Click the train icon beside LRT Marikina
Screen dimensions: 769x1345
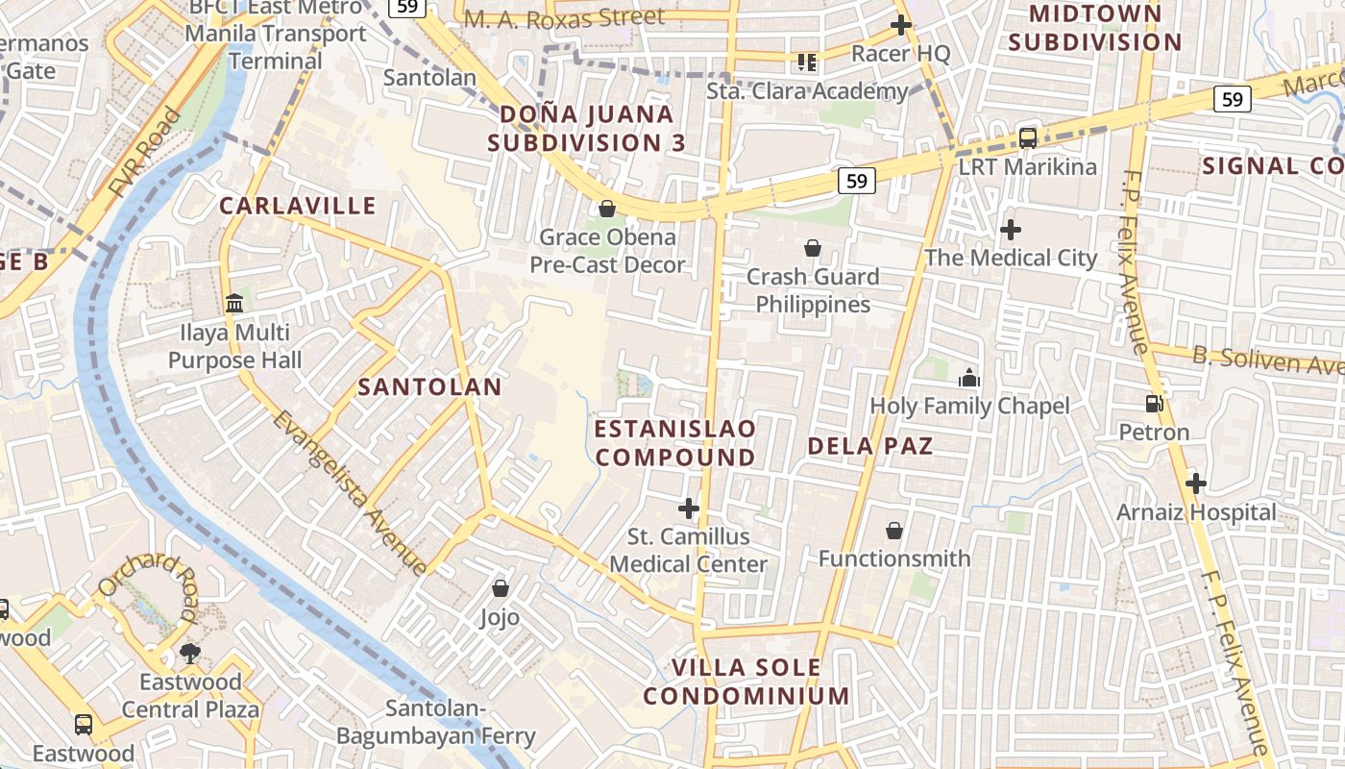click(1027, 137)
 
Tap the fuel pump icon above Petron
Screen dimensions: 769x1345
click(1154, 405)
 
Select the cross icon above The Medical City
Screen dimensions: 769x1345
click(1010, 230)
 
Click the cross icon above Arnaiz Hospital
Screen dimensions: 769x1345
click(1195, 483)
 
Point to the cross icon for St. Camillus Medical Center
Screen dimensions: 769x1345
click(688, 508)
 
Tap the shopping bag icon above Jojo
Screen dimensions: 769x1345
click(500, 587)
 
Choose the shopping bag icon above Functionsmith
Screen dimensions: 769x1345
click(893, 530)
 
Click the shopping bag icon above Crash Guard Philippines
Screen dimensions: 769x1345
click(812, 248)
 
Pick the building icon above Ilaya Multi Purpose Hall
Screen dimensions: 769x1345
click(233, 304)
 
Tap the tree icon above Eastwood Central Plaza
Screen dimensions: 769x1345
click(189, 654)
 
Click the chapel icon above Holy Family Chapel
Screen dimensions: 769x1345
click(968, 377)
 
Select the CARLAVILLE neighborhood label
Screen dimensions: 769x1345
click(298, 206)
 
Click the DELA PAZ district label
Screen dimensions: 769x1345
click(869, 446)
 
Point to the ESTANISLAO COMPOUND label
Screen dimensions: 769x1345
click(675, 442)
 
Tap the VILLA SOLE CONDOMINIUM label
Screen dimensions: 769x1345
click(746, 682)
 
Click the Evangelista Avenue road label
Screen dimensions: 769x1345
click(349, 492)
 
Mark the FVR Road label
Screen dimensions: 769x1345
click(145, 154)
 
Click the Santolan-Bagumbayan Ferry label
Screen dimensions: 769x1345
click(435, 723)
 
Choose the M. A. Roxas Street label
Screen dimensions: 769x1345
click(564, 18)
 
